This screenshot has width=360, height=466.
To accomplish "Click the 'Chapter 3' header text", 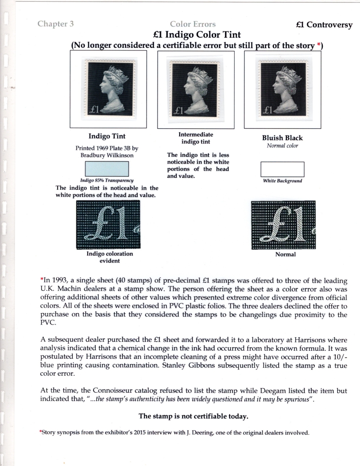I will [x=55, y=24].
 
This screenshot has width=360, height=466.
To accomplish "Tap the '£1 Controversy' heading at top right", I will [x=324, y=25].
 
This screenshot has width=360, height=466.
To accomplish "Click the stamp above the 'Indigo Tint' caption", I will [x=108, y=89].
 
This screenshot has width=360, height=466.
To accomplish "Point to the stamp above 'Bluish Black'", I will [x=282, y=89].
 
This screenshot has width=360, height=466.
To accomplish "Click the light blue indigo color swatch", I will [x=107, y=169].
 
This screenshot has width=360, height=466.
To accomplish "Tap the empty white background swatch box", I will [x=282, y=169].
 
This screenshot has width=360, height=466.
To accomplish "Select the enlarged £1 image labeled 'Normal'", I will [x=283, y=225].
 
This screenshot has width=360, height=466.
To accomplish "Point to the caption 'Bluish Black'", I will [x=282, y=138].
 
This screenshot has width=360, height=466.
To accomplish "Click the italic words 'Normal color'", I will [x=282, y=146].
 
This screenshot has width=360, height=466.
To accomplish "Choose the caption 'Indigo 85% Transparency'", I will [x=107, y=180].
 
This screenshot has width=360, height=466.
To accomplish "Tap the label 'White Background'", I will [x=282, y=181].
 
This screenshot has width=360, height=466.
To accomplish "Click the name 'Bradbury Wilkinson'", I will [x=107, y=155].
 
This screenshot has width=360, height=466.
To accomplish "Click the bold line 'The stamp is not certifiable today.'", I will [x=194, y=416].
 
